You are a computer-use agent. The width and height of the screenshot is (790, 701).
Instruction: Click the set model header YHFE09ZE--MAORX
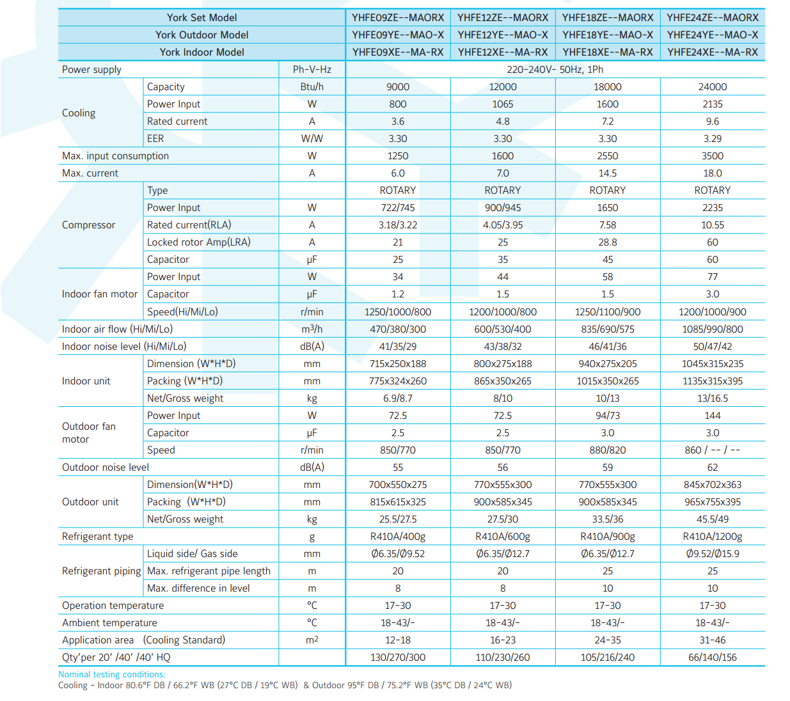pyautogui.click(x=398, y=17)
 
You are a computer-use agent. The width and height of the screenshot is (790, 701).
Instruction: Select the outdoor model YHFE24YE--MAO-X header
pyautogui.click(x=713, y=35)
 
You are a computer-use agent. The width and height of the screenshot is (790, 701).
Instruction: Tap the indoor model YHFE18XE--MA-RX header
pyautogui.click(x=608, y=52)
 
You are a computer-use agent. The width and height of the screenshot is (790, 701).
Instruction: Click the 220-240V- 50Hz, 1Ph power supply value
pyautogui.click(x=555, y=70)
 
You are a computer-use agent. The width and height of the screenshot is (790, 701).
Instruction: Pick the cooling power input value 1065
pyautogui.click(x=503, y=104)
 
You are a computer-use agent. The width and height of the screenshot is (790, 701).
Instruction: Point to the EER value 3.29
pyautogui.click(x=713, y=138)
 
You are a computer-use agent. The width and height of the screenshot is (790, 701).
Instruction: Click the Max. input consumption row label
pyautogui.click(x=115, y=156)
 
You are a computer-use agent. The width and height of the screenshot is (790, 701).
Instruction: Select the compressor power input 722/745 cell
pyautogui.click(x=398, y=207)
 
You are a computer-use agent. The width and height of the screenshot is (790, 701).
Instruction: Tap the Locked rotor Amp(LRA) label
pyautogui.click(x=198, y=242)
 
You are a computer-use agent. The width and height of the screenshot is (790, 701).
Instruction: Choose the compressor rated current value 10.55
pyautogui.click(x=713, y=225)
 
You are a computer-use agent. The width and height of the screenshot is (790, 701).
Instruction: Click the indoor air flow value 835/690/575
pyautogui.click(x=608, y=329)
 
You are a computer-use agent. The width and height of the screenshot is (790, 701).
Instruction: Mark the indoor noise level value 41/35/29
pyautogui.click(x=398, y=346)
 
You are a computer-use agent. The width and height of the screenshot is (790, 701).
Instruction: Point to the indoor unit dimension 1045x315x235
pyautogui.click(x=713, y=364)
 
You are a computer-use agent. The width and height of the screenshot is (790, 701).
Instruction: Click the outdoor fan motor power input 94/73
pyautogui.click(x=608, y=416)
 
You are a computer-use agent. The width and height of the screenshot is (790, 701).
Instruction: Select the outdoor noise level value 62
pyautogui.click(x=713, y=468)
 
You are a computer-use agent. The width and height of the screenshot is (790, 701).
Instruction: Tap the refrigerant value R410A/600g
pyautogui.click(x=503, y=537)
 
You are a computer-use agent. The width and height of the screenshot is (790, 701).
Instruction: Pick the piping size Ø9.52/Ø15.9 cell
pyautogui.click(x=713, y=554)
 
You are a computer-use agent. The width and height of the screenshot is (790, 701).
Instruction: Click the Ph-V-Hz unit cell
pyautogui.click(x=312, y=70)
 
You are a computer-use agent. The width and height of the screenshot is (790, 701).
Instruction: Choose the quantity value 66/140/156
pyautogui.click(x=713, y=658)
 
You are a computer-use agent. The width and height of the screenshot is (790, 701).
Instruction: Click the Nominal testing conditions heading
pyautogui.click(x=112, y=674)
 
